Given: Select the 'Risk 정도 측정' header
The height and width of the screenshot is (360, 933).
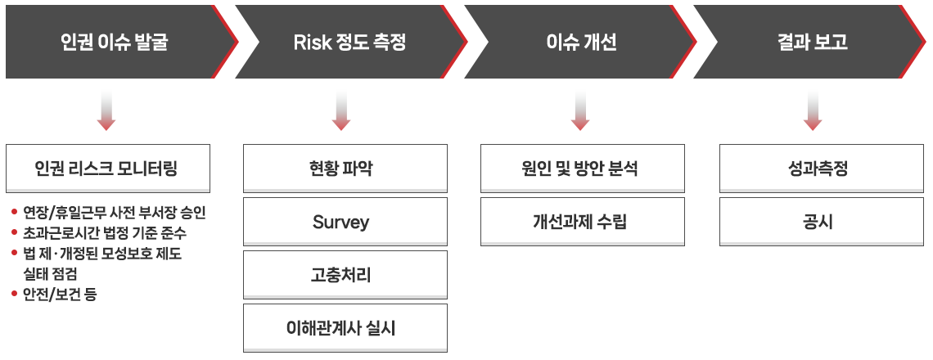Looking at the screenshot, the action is [350, 42].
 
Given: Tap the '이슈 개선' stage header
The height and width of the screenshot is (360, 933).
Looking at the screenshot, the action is [580, 42].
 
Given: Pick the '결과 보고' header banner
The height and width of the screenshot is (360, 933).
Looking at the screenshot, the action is [810, 42].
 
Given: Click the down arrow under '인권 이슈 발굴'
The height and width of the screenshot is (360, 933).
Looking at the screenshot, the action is [106, 111].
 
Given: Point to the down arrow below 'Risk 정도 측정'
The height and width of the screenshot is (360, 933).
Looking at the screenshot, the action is [341, 111].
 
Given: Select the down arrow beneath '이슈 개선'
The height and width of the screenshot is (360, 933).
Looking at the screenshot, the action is [579, 111].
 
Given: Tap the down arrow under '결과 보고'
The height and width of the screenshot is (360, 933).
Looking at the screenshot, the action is [812, 111].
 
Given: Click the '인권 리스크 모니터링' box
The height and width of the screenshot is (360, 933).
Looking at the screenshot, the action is [108, 169].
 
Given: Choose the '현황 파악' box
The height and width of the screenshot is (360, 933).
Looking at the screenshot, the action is [345, 169].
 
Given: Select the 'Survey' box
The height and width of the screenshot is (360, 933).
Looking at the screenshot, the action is [345, 222].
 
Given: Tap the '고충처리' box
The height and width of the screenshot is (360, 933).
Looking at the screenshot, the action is [345, 275].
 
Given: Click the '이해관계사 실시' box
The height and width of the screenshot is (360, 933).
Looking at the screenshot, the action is [345, 328].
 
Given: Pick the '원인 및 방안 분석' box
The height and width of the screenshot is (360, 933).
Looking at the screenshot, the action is [583, 169].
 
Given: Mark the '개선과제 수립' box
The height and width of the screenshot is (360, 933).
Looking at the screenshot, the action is [583, 222].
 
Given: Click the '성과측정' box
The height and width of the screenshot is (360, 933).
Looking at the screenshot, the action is [821, 169].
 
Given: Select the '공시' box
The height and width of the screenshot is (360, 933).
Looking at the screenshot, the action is [821, 222].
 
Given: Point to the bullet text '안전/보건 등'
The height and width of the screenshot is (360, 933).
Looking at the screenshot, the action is [60, 295].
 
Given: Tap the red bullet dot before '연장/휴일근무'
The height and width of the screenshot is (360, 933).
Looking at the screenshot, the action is [14, 212].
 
